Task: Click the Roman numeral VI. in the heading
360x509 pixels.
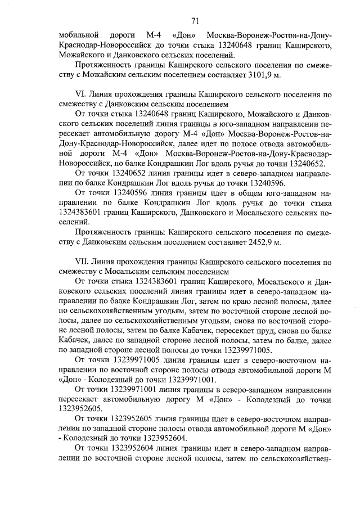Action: [79, 95]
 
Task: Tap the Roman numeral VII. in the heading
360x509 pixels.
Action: [81, 263]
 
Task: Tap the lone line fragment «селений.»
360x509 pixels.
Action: [73, 222]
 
